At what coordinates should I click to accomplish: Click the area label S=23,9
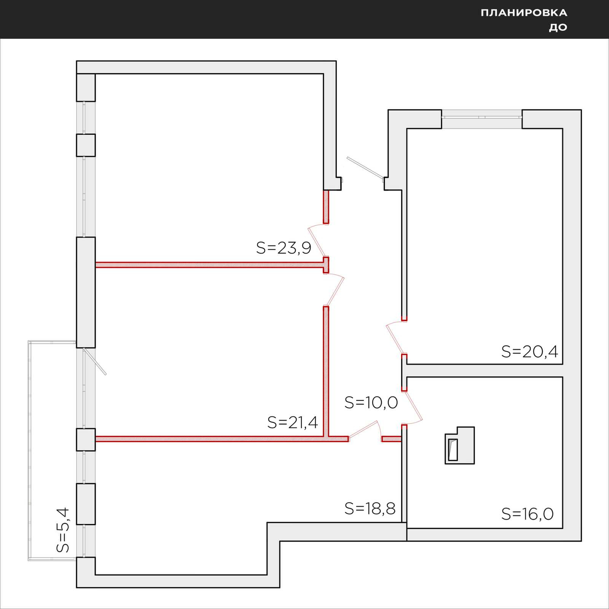point(284,248)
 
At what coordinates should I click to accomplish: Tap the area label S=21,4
point(292,422)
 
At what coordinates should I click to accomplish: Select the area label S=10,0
point(371,402)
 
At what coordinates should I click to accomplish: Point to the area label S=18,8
point(370,509)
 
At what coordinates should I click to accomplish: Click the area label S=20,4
point(529,352)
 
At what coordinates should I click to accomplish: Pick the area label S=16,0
point(527,514)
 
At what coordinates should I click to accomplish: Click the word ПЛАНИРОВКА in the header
point(524,13)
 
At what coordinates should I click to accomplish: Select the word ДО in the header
point(558,27)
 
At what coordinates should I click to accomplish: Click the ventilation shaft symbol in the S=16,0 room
point(460,445)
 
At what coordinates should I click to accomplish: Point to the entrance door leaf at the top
point(365,167)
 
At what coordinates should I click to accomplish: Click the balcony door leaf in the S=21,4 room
point(95,361)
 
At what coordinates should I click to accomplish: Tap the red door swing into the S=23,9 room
point(317,240)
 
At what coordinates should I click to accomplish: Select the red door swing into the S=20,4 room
point(395,336)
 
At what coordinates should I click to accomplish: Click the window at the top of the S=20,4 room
point(481,114)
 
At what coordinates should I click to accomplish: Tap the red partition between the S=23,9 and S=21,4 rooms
point(209,265)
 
